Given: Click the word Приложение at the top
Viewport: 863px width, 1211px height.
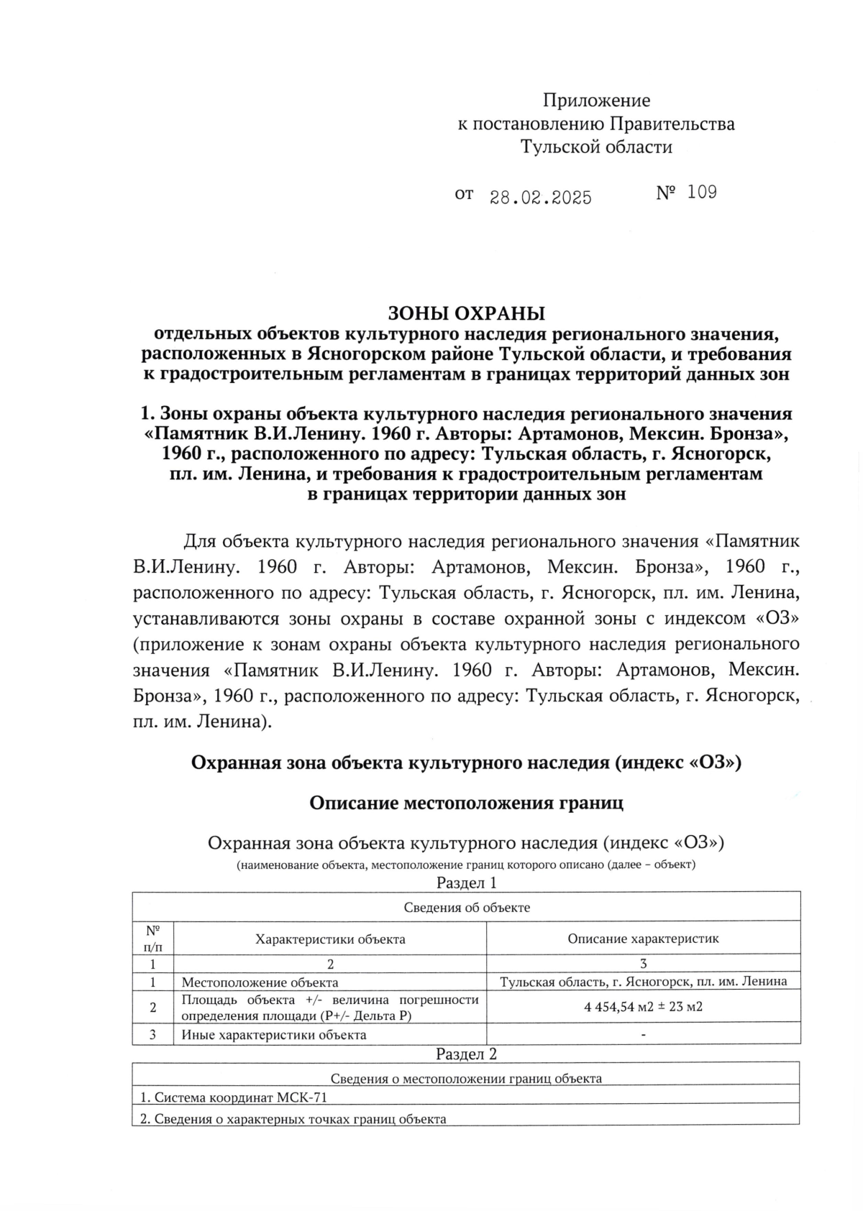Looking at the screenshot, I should (x=596, y=100).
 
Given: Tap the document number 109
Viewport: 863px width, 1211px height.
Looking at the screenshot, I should (x=702, y=192).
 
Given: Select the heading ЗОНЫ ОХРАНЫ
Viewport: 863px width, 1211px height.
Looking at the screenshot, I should (x=466, y=313).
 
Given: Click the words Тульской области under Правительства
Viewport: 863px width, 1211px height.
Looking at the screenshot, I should (x=596, y=147).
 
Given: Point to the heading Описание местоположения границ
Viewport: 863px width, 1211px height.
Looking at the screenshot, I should (x=466, y=803).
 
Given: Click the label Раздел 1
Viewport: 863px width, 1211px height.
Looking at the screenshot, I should (x=466, y=883).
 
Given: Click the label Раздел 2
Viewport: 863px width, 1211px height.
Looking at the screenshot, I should (x=466, y=1054).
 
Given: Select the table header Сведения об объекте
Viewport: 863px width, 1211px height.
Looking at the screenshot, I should (x=466, y=907).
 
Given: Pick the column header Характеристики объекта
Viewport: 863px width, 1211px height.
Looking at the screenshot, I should (x=330, y=939).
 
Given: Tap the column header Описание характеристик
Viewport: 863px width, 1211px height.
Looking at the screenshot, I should (x=643, y=938).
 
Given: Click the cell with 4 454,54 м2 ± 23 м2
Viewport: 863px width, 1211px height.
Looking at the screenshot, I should (x=643, y=1006).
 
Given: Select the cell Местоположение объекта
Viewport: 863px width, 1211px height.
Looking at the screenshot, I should (x=260, y=982).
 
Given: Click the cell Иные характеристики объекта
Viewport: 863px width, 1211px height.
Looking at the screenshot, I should (x=273, y=1035).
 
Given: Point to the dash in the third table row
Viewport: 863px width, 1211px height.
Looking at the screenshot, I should (x=643, y=1035).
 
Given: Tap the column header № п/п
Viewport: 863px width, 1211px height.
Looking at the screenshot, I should (x=152, y=938).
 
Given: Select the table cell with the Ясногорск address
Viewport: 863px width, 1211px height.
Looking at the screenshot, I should (x=643, y=981).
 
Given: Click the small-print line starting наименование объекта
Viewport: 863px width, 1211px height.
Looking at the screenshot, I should (x=466, y=865).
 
